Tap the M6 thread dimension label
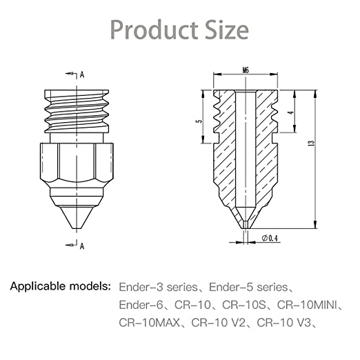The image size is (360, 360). [x=246, y=70]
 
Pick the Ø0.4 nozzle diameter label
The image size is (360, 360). [x=270, y=239]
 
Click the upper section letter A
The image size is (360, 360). [x=83, y=73]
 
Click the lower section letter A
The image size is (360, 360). [x=83, y=245]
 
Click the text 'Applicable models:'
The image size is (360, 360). [x=60, y=286]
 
